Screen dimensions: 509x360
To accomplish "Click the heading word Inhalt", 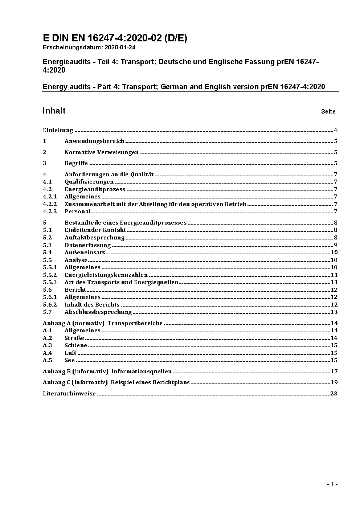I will (54, 111).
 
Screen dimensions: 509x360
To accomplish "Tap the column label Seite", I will (328, 112).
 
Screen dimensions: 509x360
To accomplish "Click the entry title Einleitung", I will (58, 130).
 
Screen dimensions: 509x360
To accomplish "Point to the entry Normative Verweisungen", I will (102, 152).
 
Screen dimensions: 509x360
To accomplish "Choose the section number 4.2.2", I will (50, 204).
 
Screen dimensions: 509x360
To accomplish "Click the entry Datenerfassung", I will (87, 245).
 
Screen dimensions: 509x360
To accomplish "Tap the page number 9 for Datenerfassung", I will (336, 245).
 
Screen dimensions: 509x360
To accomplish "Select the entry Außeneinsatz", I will (85, 253).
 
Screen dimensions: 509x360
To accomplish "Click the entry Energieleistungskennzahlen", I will (106, 275).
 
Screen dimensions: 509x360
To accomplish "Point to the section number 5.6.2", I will (50, 305).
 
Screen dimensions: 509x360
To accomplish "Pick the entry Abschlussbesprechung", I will (98, 312).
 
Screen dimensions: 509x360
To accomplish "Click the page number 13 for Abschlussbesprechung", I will (334, 312).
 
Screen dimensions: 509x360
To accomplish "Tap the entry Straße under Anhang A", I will (74, 338).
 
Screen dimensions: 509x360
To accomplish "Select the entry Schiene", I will (76, 345).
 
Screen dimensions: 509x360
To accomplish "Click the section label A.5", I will (48, 360).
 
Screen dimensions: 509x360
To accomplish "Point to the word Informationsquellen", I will (142, 371).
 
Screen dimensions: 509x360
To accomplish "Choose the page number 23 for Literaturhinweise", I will (334, 394).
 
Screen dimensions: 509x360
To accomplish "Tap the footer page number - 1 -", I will (332, 484).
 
